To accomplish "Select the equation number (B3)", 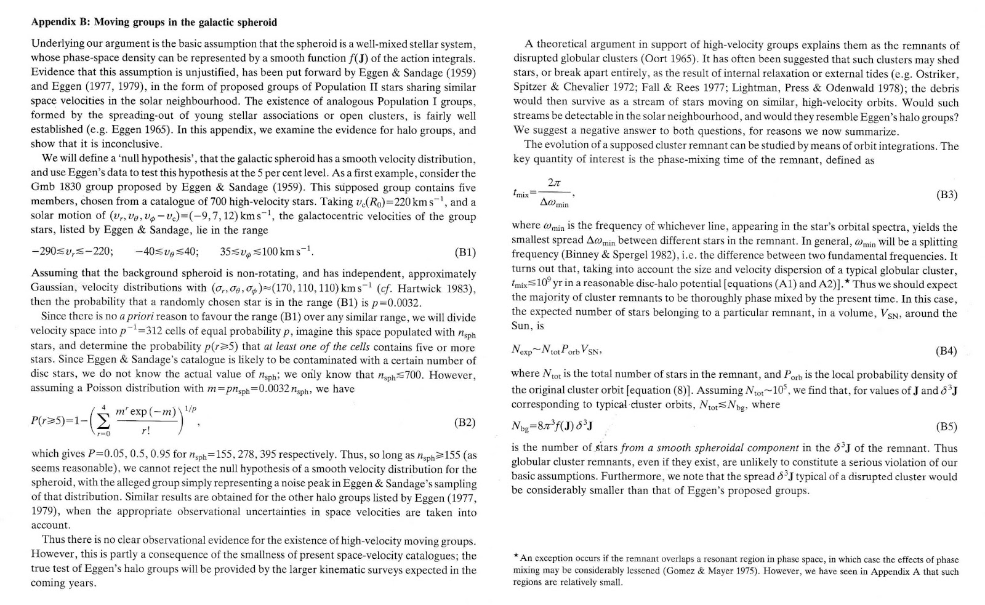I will click(x=946, y=195).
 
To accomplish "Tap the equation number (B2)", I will click(x=465, y=422).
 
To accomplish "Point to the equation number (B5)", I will click(x=946, y=426).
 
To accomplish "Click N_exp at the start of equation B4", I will click(x=522, y=351).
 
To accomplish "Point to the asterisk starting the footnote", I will click(x=516, y=558).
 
